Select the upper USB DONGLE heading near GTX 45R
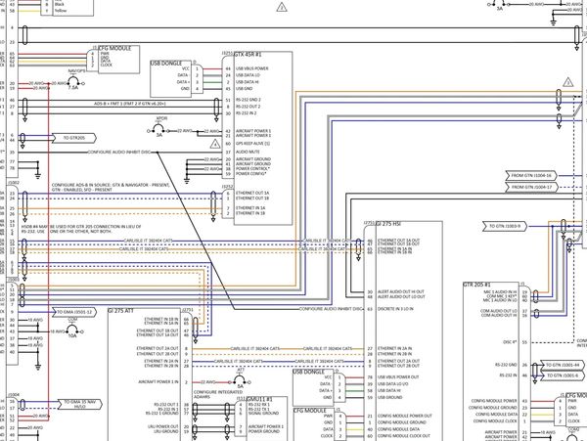click(167, 63)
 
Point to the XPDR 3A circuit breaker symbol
click(161, 129)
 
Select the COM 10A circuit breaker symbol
click(71, 325)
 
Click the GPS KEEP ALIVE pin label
click(254, 143)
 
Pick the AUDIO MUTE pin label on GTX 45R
click(248, 152)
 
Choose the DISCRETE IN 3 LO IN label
click(403, 307)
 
